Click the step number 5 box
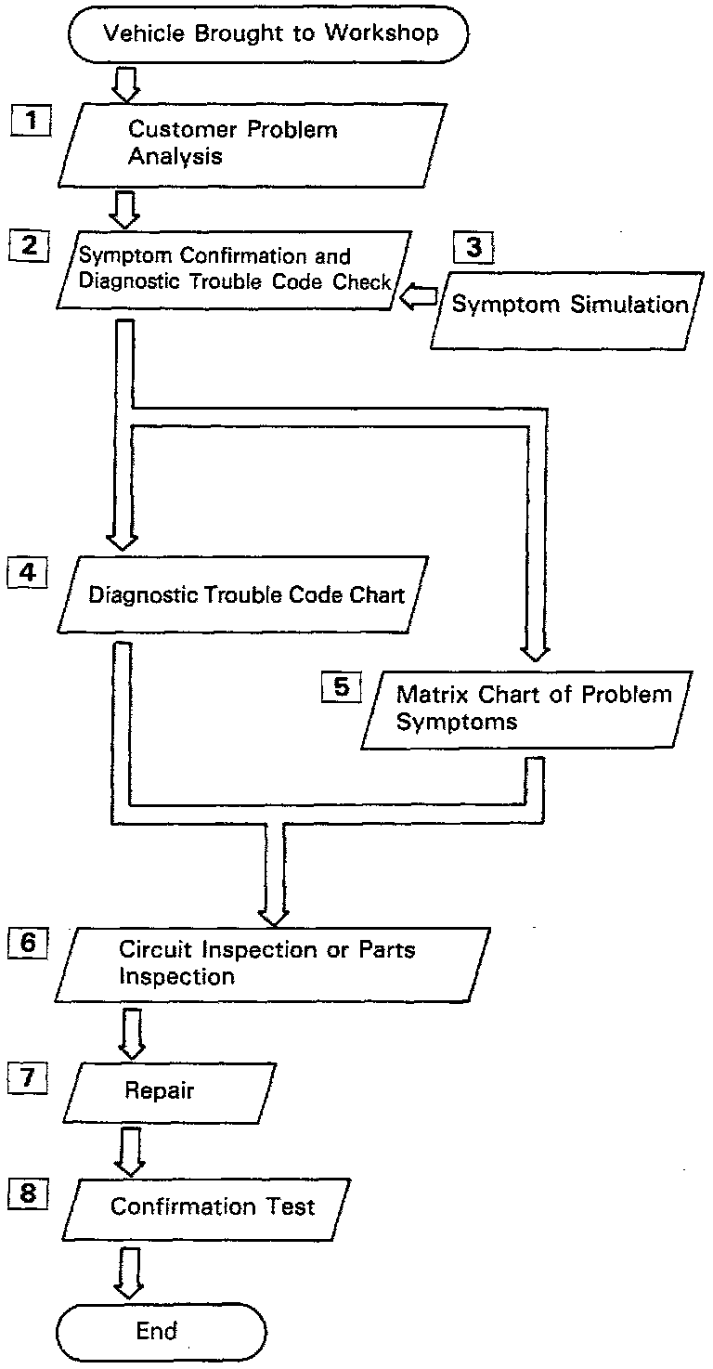[x=341, y=688]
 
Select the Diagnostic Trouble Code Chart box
[x=246, y=594]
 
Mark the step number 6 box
[x=29, y=943]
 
